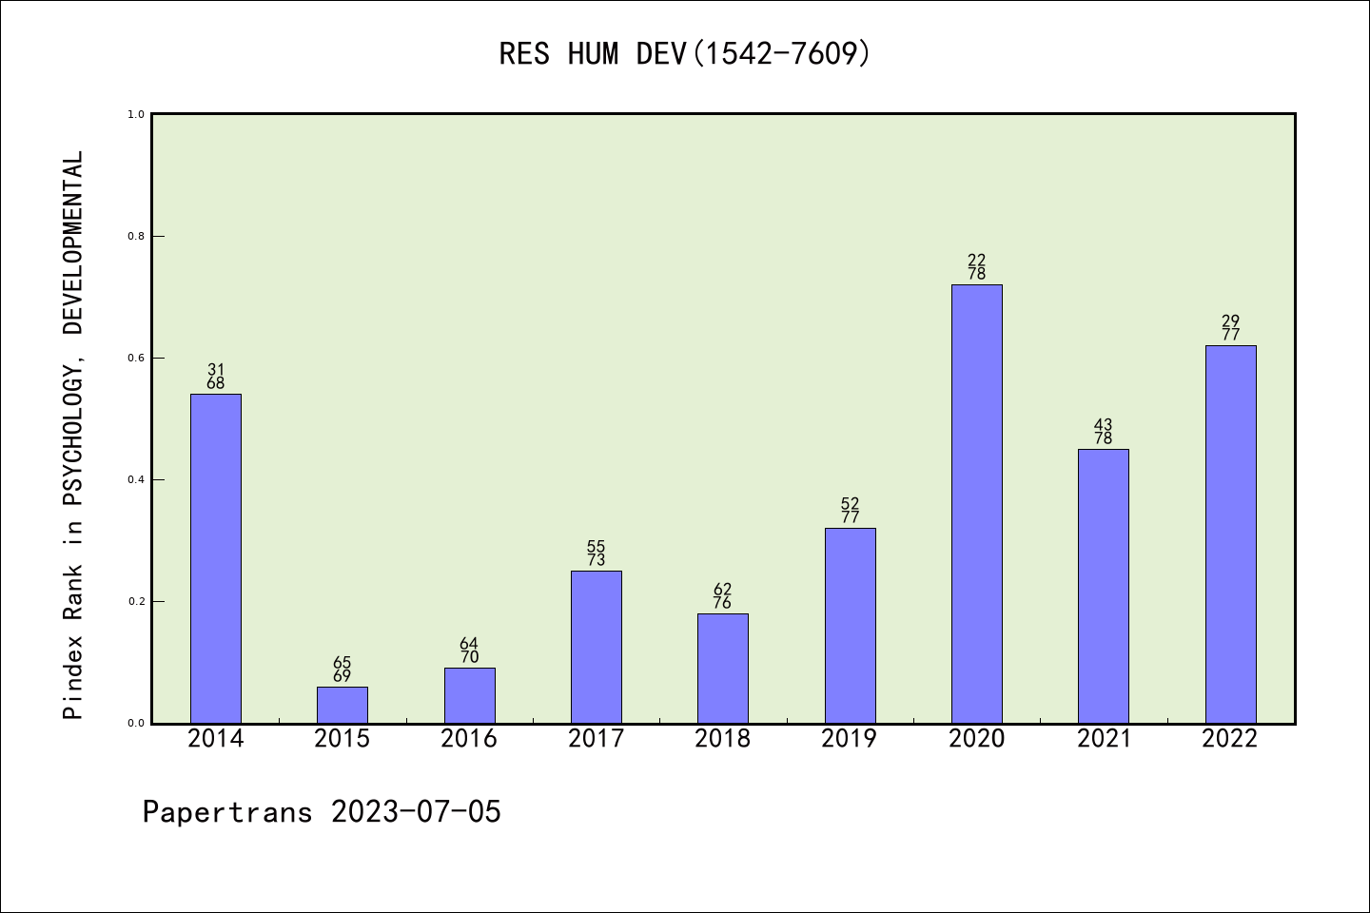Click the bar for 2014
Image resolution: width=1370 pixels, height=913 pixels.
tap(216, 558)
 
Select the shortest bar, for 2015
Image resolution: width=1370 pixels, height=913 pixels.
tap(342, 705)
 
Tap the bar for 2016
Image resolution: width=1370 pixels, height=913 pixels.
tap(469, 695)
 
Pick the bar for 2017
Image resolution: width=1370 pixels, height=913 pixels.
tap(597, 647)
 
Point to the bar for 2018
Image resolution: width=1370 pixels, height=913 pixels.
tap(723, 668)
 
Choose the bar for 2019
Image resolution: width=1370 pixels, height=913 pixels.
tap(850, 625)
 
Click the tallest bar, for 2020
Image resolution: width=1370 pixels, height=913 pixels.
tap(977, 504)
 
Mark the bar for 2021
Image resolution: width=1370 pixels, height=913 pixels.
tap(1104, 586)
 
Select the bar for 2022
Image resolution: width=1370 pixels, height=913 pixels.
tap(1230, 534)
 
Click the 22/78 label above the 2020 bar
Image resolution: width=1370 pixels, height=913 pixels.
tap(977, 267)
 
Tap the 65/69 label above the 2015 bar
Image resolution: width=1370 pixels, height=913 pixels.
tap(342, 670)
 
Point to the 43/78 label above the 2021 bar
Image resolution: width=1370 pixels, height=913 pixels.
tap(1104, 432)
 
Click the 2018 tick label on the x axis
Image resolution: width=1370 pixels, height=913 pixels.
tap(723, 739)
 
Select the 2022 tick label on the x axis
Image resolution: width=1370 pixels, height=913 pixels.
tap(1230, 739)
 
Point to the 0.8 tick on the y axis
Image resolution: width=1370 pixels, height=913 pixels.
tap(136, 236)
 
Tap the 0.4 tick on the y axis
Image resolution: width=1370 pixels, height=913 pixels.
tap(136, 479)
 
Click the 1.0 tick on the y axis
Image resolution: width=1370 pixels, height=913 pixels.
tap(136, 114)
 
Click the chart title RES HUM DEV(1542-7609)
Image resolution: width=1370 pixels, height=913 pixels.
tap(685, 54)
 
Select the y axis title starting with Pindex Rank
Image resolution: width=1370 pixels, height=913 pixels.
tap(73, 435)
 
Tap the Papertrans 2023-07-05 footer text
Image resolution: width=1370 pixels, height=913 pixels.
tap(322, 812)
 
